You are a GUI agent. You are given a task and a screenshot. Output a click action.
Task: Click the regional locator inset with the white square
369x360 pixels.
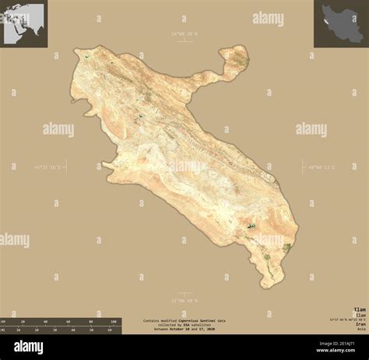coord(23,23)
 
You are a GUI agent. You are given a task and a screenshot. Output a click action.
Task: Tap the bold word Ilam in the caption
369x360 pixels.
coord(357,308)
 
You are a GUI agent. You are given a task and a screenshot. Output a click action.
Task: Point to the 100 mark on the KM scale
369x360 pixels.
coord(114,321)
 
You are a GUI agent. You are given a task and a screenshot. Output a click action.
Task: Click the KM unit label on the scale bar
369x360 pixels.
coord(5,321)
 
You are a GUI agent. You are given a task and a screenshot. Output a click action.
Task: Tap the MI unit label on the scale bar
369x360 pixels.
coord(5,330)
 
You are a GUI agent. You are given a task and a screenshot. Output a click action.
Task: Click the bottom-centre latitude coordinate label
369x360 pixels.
coord(184,299)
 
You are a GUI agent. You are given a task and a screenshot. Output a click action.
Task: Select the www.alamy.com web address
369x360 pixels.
coord(335,352)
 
